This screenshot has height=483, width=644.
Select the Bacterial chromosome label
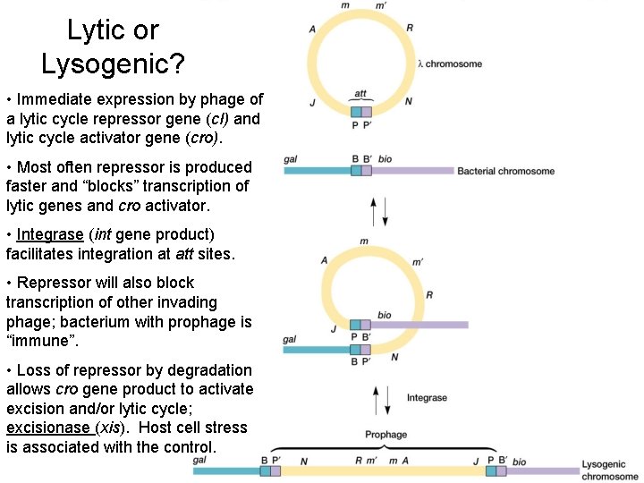(x=506, y=171)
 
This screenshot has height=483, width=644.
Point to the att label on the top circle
(x=360, y=93)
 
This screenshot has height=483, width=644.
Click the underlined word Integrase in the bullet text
(x=48, y=235)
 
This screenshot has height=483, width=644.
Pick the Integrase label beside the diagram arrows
(x=427, y=398)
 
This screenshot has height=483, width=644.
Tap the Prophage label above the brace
(x=386, y=436)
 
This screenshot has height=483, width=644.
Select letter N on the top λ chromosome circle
(x=409, y=102)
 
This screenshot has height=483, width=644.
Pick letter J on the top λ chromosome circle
(x=312, y=103)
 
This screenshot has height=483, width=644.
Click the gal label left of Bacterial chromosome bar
(x=291, y=158)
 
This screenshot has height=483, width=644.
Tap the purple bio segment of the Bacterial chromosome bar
(x=411, y=170)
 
